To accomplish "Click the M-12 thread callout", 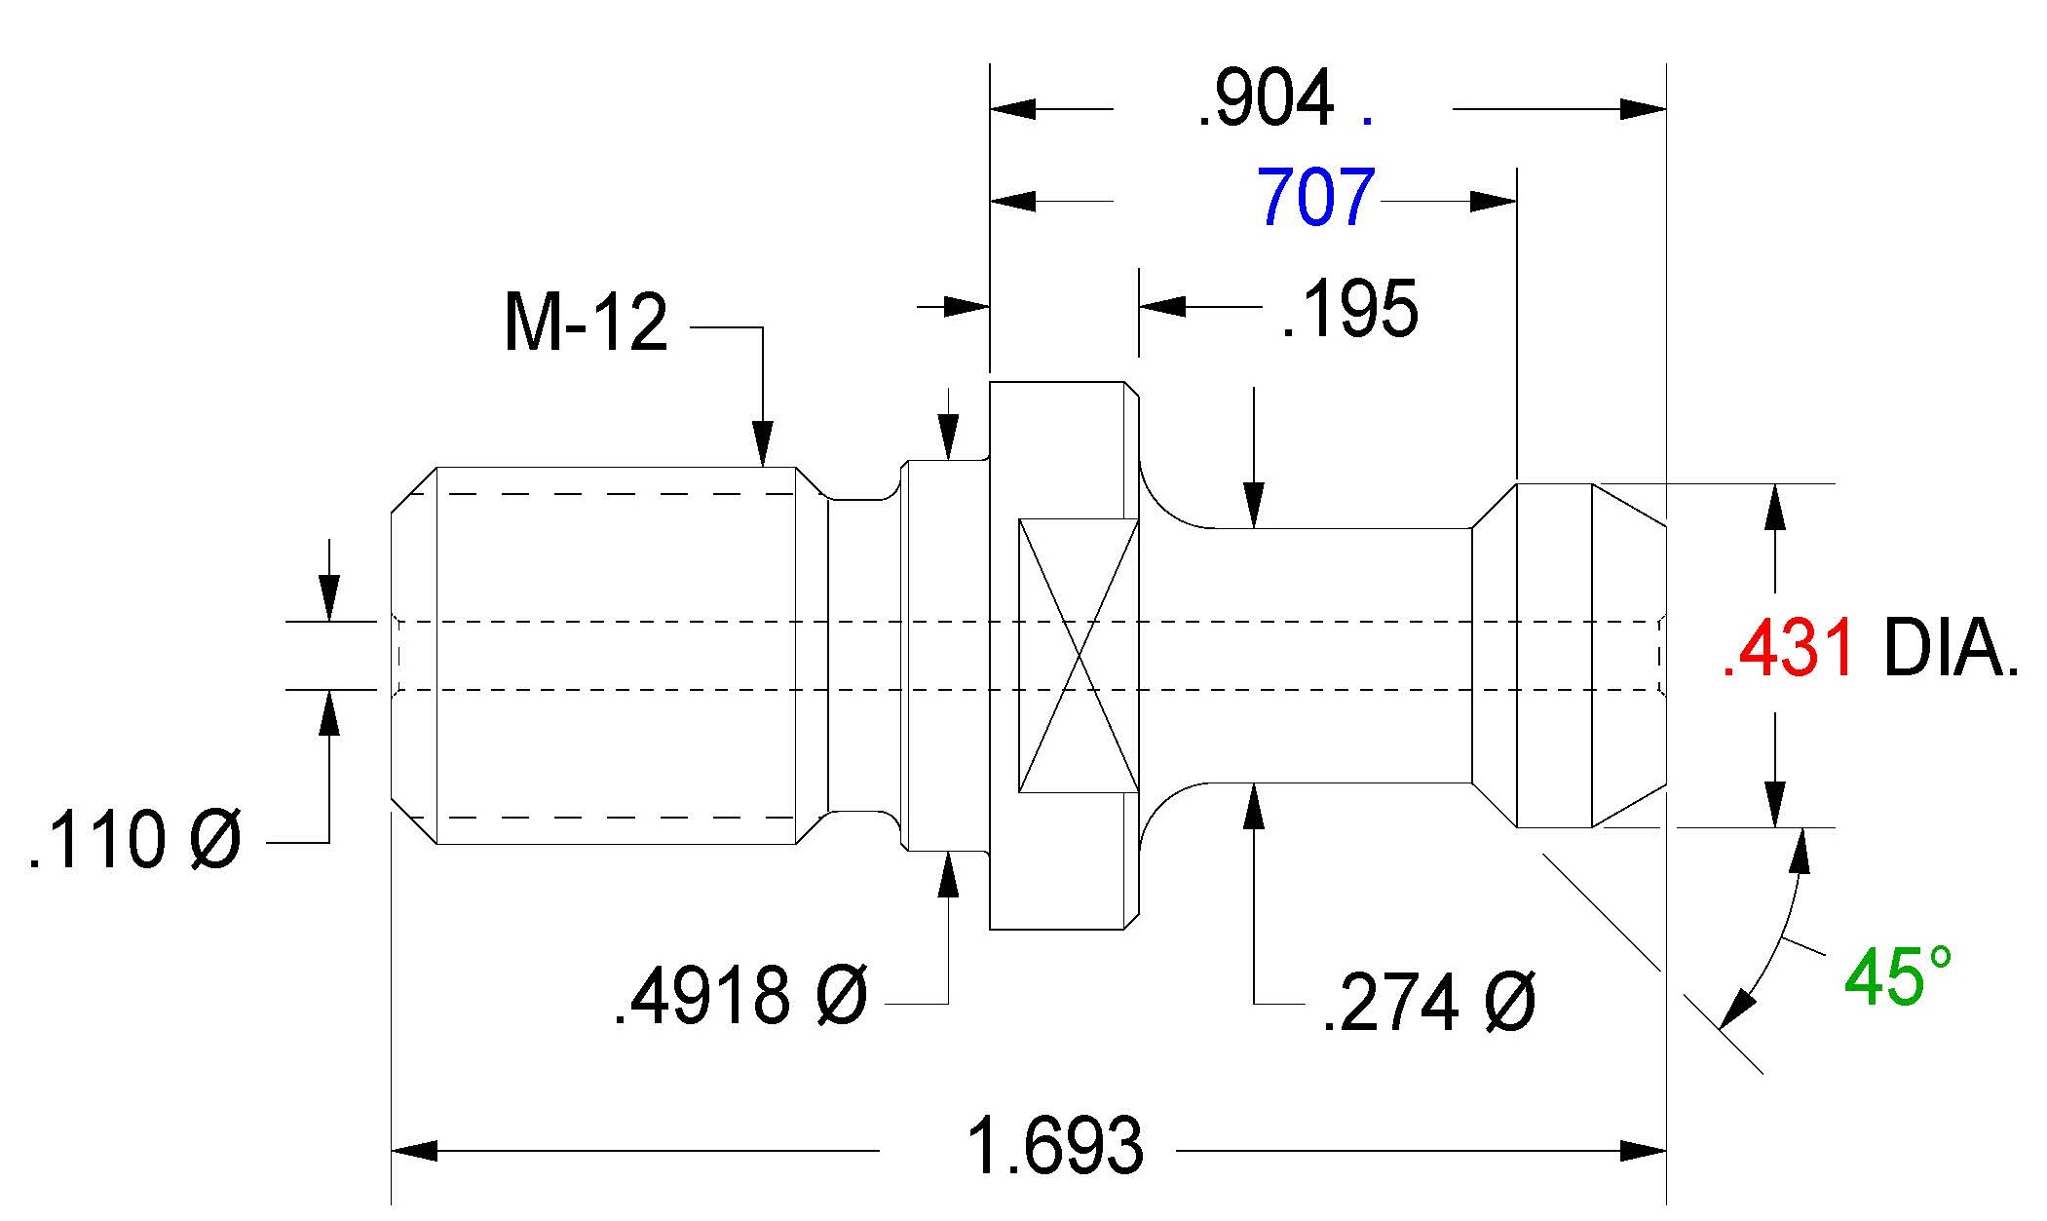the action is [586, 323].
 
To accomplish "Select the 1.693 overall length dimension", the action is [1055, 1146].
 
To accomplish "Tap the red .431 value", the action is [1788, 649].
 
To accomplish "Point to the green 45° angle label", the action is [1898, 975].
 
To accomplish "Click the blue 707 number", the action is [1316, 197].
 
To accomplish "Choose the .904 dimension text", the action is [1266, 98].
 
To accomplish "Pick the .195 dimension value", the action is [1350, 310].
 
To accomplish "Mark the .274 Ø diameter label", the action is [1429, 1002].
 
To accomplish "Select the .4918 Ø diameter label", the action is [740, 996].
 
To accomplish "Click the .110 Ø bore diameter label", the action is [134, 840].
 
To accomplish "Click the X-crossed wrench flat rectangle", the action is [1079, 655].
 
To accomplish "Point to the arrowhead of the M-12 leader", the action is [763, 444].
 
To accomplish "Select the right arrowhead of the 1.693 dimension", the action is [1644, 1152].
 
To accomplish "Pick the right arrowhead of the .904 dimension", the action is [1644, 108].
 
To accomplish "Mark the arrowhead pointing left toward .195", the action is [1162, 306].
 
